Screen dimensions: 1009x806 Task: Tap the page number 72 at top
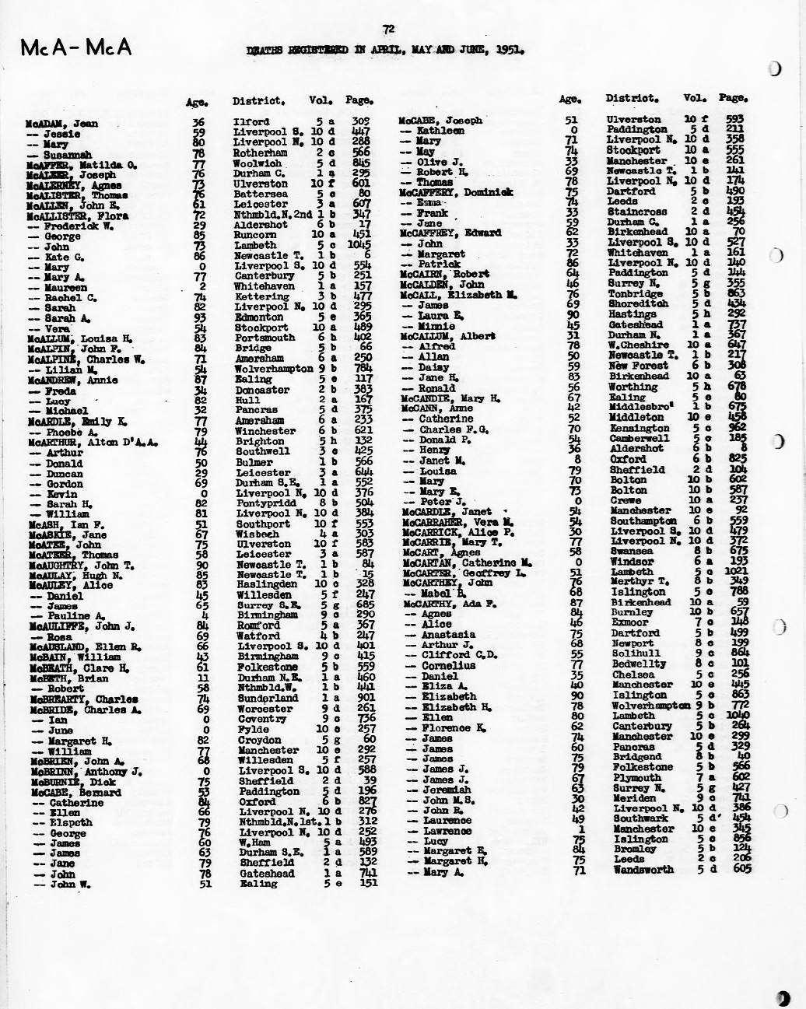[388, 30]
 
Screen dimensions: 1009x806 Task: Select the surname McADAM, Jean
[62, 124]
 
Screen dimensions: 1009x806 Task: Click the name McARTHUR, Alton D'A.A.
[93, 442]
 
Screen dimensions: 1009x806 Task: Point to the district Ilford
[251, 121]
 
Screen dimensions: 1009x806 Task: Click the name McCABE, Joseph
[440, 121]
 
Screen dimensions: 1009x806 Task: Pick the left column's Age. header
[195, 102]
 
